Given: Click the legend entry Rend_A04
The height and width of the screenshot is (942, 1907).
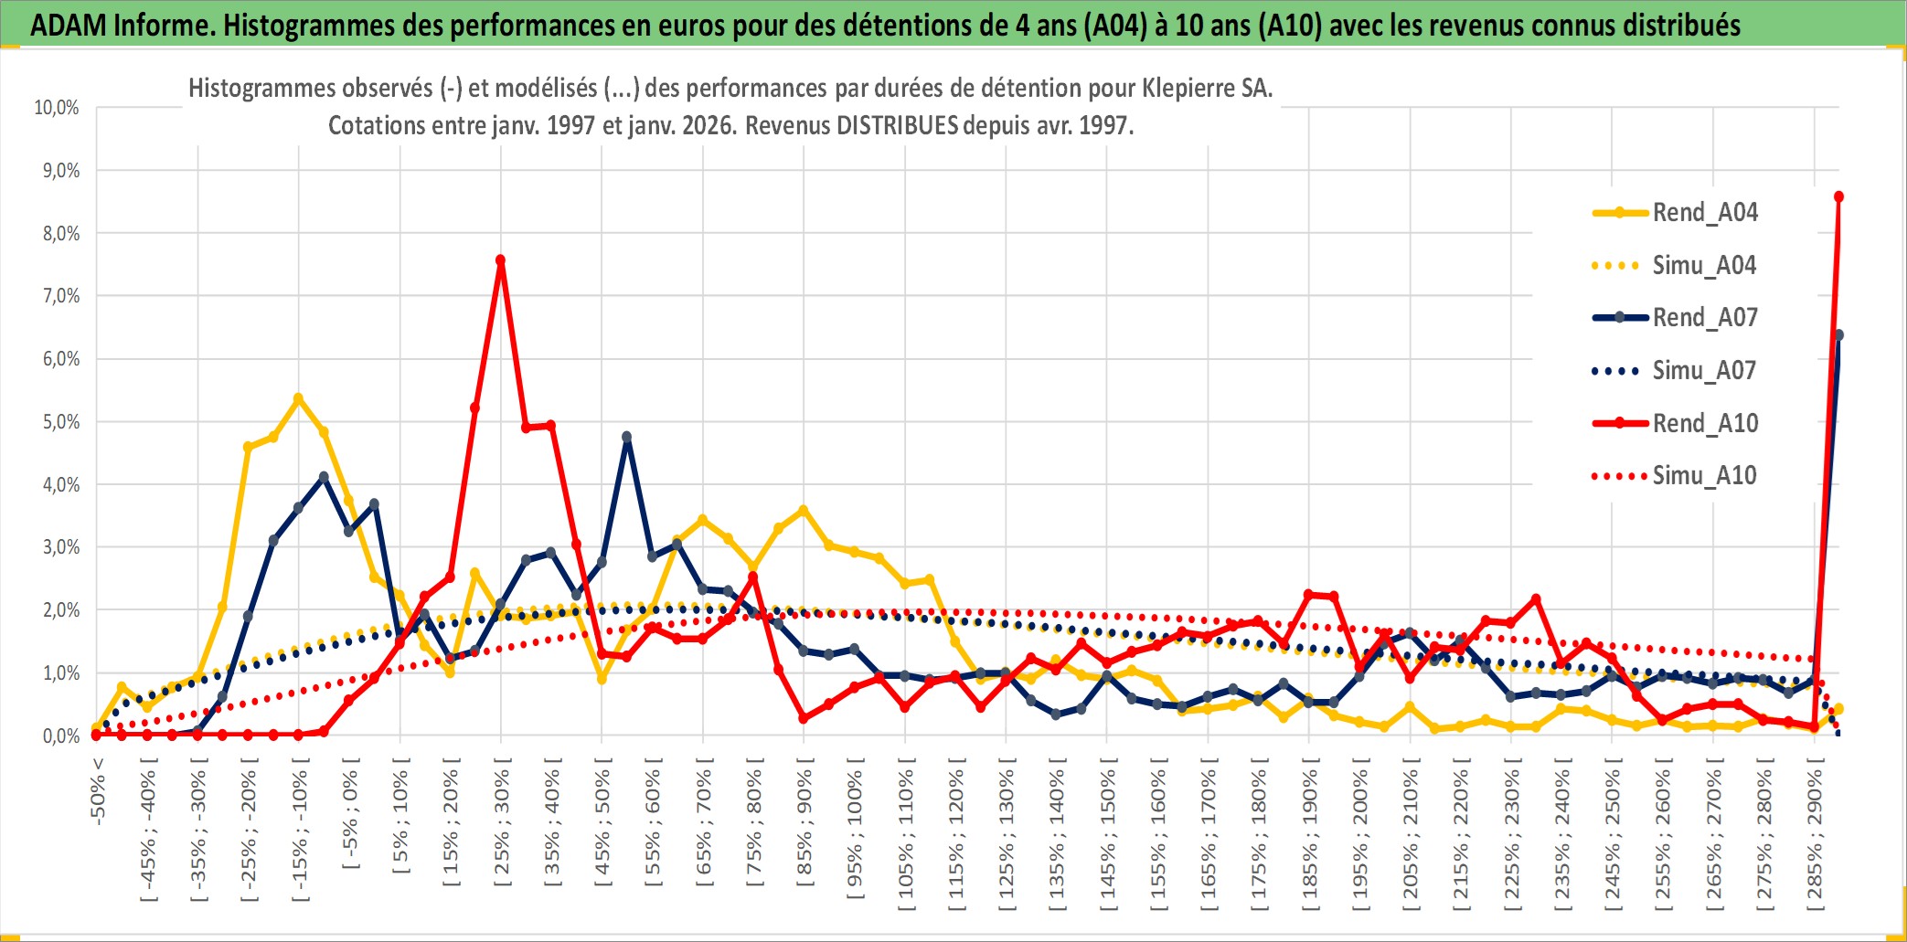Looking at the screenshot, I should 1704,213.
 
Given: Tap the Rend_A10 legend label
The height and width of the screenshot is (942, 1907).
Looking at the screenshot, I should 1705,424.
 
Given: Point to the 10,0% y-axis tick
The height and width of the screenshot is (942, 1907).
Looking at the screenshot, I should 57,108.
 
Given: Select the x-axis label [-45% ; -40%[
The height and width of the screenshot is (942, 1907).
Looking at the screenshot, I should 149,833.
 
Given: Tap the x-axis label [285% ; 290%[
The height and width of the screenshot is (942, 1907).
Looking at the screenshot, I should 1815,839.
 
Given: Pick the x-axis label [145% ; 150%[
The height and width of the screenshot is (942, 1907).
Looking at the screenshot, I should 1108,839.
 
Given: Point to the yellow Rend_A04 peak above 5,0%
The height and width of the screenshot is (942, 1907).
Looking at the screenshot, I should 298,398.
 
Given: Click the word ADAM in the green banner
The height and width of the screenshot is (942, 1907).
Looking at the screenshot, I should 69,25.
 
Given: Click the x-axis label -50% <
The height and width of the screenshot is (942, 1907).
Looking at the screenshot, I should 98,791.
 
